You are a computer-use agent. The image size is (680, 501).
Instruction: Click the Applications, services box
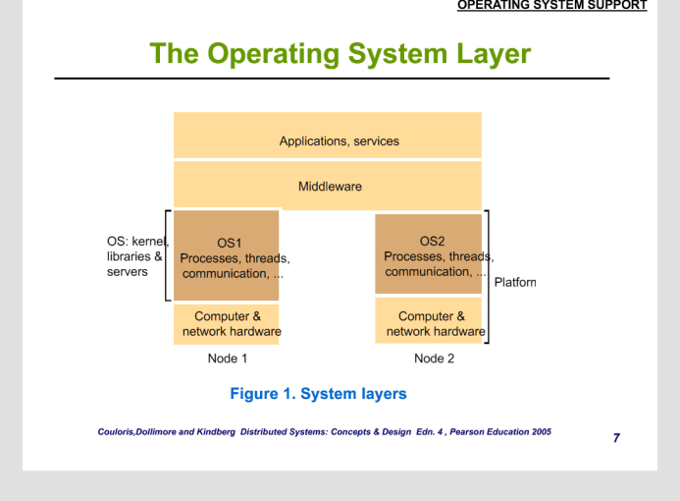(328, 135)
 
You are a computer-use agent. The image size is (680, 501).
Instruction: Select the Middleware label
(330, 187)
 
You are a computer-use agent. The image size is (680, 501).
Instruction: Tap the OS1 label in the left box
(229, 243)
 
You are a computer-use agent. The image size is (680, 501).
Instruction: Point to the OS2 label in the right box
(432, 241)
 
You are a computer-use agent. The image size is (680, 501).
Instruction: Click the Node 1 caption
(228, 359)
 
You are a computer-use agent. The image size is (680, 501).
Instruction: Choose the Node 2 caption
(434, 359)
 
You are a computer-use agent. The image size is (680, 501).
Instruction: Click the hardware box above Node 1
(227, 324)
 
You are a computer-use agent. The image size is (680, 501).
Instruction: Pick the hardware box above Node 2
(429, 320)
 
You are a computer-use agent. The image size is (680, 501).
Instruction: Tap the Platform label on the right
(515, 282)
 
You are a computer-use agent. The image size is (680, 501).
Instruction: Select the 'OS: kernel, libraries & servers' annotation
(137, 256)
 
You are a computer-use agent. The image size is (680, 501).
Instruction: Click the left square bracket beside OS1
(166, 255)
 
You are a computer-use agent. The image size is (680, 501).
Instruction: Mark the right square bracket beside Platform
(489, 277)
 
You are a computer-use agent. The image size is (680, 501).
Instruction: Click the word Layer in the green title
(494, 54)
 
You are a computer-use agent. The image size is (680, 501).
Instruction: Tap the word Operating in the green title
(274, 55)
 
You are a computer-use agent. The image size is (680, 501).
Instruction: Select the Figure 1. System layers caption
(318, 394)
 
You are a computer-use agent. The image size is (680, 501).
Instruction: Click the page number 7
(616, 437)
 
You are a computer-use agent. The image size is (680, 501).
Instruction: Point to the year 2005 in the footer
(542, 432)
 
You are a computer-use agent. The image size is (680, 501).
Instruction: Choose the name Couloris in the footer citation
(116, 432)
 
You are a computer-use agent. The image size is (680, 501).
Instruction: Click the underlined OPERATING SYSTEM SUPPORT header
(552, 5)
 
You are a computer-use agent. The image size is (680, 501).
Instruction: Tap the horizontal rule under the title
(332, 79)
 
